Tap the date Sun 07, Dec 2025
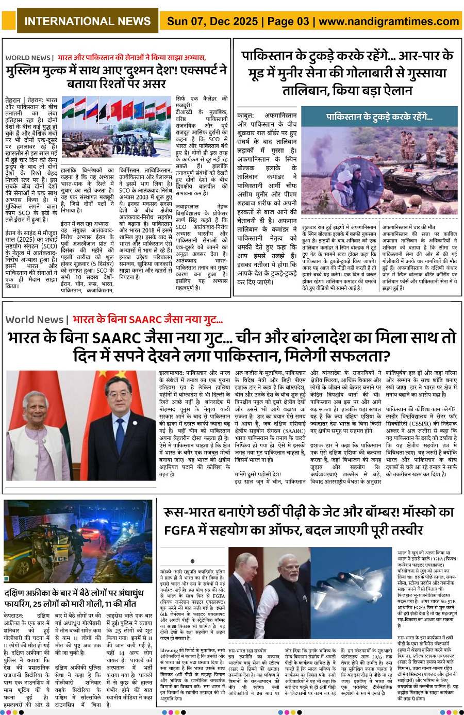212,21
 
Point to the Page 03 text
288,21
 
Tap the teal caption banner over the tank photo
379,117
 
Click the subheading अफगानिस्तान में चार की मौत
408,227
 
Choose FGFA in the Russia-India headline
184,529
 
